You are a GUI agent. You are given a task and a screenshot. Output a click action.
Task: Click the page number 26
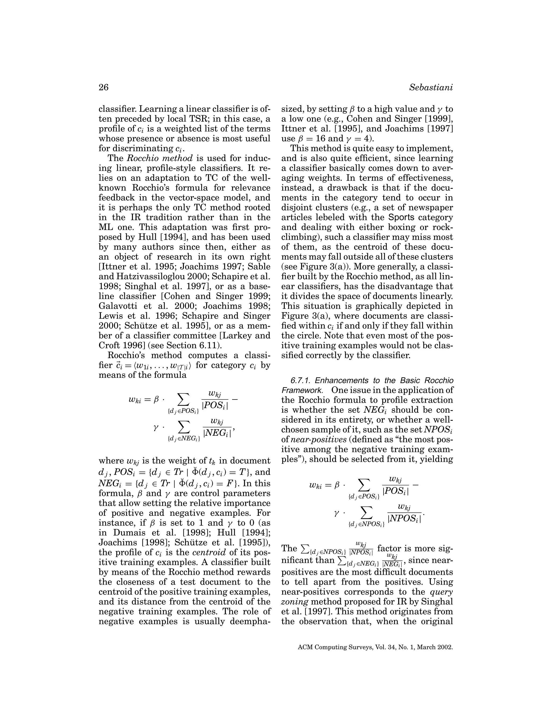(x=103, y=88)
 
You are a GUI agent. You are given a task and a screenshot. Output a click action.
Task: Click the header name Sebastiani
(x=431, y=88)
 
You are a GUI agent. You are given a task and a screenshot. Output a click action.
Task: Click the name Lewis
(x=111, y=316)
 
